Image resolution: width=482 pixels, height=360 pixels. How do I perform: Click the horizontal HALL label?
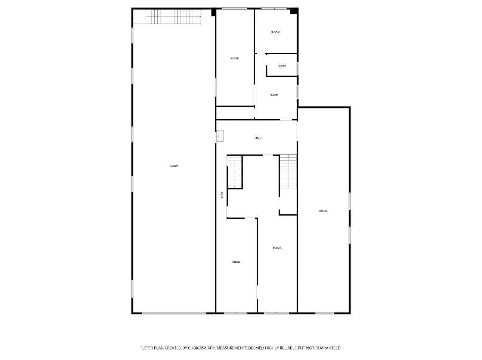[258, 138]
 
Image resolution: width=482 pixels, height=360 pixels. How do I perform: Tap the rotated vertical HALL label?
[222, 195]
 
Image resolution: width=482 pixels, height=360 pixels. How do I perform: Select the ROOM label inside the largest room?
[174, 166]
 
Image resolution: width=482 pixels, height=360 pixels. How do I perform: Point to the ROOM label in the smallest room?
[282, 66]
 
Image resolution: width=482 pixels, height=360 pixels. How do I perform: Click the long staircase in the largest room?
[173, 17]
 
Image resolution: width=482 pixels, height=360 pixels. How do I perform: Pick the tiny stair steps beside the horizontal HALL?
[220, 136]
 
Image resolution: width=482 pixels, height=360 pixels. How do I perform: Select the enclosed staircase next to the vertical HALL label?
[235, 172]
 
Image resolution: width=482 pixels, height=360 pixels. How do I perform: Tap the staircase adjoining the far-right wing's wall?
[288, 171]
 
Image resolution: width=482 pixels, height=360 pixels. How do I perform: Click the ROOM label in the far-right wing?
[323, 211]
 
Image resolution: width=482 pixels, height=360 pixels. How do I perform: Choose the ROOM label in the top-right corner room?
[276, 32]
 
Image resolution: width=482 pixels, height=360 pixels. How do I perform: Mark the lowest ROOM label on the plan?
[236, 262]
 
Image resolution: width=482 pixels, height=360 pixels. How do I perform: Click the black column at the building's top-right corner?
[294, 11]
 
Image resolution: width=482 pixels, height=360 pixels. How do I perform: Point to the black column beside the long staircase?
[213, 12]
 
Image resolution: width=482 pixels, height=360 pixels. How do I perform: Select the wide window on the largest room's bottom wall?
[174, 313]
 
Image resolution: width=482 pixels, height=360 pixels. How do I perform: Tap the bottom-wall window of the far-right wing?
[324, 313]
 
